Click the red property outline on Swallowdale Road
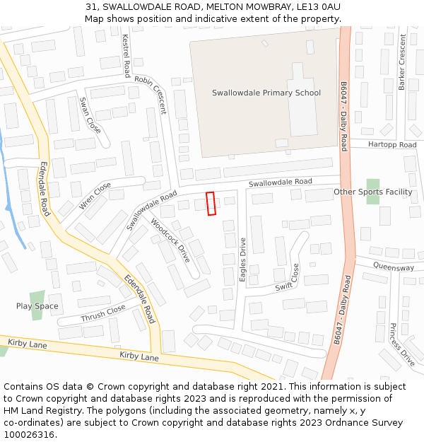210,204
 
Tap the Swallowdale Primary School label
266,93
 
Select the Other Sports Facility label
372,192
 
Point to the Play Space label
37,306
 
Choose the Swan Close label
90,115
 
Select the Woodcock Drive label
170,240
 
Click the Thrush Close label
103,313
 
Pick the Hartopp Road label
393,145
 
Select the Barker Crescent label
402,62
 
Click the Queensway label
394,268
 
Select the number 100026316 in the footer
30,434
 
